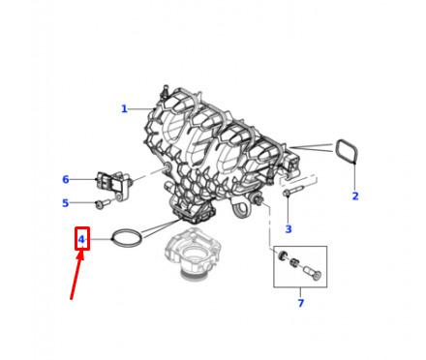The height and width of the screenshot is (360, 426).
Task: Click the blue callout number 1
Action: point(124,109)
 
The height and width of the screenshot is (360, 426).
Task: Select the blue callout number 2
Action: point(355,196)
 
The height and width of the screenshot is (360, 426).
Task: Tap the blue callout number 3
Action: point(289,229)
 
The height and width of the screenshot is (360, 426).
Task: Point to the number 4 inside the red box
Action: point(81,239)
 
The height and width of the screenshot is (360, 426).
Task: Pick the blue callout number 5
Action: point(66,203)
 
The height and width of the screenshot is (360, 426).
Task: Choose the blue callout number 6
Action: point(66,179)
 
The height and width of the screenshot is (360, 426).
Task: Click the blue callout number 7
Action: point(301,303)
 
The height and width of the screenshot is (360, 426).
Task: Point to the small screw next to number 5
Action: point(103,203)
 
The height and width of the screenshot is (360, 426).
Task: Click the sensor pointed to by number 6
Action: point(113,185)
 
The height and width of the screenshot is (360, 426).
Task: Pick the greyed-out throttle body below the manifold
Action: point(193,252)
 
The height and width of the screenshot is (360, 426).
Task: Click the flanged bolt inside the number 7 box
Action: point(313,273)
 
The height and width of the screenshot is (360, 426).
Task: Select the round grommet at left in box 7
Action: point(283,255)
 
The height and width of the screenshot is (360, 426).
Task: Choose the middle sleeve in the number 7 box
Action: point(293,262)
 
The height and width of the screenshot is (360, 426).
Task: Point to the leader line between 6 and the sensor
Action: point(83,179)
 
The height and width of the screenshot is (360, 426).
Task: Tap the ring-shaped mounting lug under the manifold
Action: point(239,210)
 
